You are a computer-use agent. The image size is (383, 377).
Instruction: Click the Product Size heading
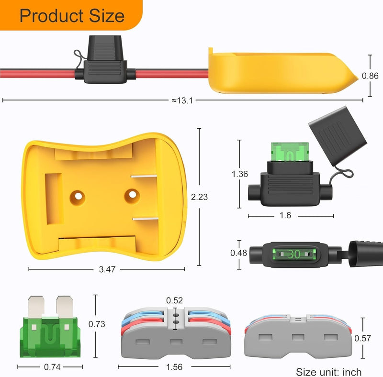pyautogui.click(x=72, y=16)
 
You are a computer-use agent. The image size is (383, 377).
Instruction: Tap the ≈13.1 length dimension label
pyautogui.click(x=182, y=100)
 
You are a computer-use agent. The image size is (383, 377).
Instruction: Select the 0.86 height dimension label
pyautogui.click(x=370, y=76)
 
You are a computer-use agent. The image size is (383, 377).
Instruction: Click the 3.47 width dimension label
pyautogui.click(x=107, y=270)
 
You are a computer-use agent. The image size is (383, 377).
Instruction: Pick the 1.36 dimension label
pyautogui.click(x=239, y=174)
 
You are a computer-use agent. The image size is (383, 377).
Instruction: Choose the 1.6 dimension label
pyautogui.click(x=285, y=216)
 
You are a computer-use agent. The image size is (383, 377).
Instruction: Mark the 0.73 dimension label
pyautogui.click(x=97, y=324)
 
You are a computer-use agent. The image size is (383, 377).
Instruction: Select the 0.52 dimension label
pyautogui.click(x=174, y=300)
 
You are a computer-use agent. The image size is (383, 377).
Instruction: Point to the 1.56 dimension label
pyautogui.click(x=174, y=367)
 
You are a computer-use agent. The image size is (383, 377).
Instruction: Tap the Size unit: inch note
pyautogui.click(x=328, y=372)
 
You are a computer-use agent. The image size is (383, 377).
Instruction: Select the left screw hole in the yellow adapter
pyautogui.click(x=77, y=196)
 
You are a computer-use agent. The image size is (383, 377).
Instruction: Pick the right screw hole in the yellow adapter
pyautogui.click(x=132, y=194)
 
